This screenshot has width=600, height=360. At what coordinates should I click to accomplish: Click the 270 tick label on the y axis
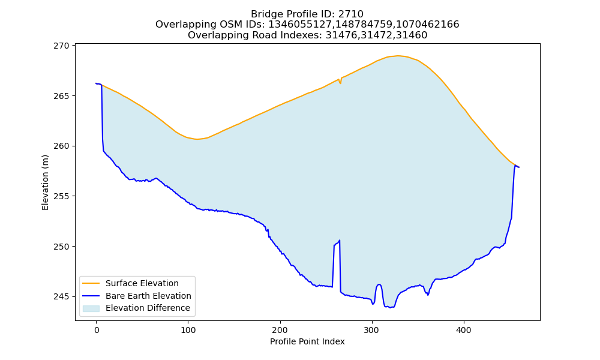click(61, 46)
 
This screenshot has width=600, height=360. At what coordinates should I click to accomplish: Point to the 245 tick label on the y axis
click(61, 296)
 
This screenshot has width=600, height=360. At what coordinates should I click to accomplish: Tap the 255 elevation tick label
click(61, 196)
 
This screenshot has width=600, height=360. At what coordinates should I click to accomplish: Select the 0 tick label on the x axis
click(97, 330)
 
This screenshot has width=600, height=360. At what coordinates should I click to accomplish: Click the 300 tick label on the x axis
click(372, 330)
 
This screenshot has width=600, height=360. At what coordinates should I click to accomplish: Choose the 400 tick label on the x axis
click(464, 330)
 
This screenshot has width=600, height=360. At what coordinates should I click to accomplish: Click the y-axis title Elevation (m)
click(45, 182)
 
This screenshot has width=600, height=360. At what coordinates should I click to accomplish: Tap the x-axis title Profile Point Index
click(307, 341)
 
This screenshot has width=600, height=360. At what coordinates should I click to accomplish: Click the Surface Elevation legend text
click(142, 283)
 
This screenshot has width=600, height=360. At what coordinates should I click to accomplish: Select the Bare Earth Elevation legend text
click(148, 296)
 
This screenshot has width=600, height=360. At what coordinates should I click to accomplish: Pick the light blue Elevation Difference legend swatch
click(91, 308)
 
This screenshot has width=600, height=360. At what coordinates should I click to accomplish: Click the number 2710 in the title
click(351, 14)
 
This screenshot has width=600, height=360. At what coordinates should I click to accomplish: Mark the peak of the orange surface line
click(398, 56)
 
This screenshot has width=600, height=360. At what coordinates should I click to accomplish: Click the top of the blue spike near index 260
click(340, 240)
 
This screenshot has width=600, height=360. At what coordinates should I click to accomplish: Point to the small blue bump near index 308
click(379, 284)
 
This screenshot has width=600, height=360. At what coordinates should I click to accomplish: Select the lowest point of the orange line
click(197, 139)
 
